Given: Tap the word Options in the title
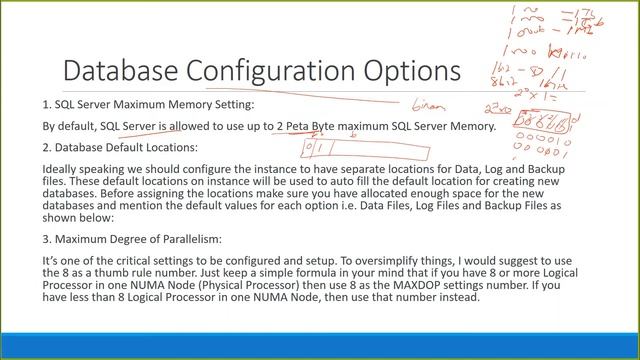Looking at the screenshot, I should click(x=410, y=72).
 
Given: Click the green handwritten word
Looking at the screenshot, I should click(x=427, y=103).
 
